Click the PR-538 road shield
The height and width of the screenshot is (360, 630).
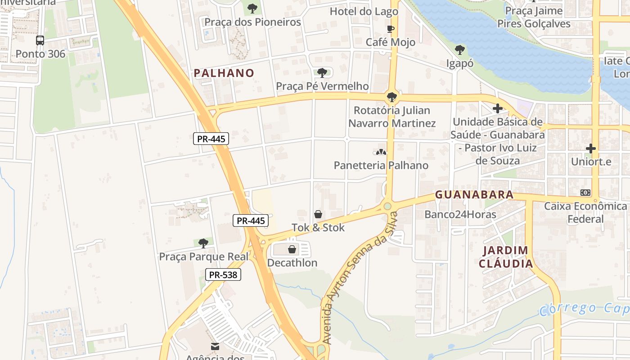coord(223,274)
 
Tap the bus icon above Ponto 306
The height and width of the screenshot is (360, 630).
coord(40,40)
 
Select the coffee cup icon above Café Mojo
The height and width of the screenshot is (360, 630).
coord(391,29)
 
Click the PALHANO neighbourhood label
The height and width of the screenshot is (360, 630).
coord(224,73)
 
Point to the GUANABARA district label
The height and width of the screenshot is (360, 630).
coord(474,195)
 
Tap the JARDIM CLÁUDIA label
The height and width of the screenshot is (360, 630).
coord(506,257)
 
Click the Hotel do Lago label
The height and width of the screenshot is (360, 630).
coord(364,11)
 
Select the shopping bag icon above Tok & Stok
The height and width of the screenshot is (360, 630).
coord(318,214)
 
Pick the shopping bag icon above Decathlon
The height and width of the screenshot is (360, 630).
coord(292,249)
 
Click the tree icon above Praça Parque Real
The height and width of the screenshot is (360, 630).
coord(203,243)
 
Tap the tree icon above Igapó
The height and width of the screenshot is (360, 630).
coord(459,50)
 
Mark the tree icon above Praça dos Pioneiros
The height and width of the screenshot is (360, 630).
coord(252,8)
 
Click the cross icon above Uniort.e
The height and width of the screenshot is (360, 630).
coord(591,148)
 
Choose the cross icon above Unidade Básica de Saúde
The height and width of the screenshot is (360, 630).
coord(498,108)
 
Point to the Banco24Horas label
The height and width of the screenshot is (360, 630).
coord(460,214)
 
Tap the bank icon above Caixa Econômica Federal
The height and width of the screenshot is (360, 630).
coord(585,193)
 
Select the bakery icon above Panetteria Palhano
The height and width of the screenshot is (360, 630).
coord(381,152)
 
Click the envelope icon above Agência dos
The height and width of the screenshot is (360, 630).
coord(215,346)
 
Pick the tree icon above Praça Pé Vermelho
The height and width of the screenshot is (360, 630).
coord(322,73)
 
